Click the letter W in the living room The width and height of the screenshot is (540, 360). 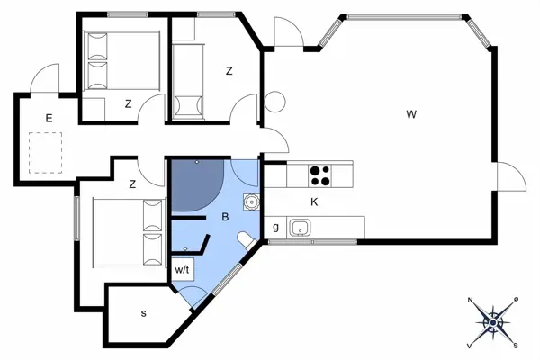410,114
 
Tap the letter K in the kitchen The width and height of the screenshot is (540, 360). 314,202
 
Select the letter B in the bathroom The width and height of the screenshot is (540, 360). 223,217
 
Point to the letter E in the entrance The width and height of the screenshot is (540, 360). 49,118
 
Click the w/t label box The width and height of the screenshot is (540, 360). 182,269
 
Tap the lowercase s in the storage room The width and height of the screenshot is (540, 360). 144,313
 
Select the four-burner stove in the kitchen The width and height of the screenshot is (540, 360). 320,174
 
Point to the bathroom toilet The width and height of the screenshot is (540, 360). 246,238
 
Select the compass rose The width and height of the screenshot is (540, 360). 493,320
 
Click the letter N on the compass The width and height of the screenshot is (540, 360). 471,300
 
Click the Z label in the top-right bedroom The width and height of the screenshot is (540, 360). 229,71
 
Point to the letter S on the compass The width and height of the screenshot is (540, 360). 516,344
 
